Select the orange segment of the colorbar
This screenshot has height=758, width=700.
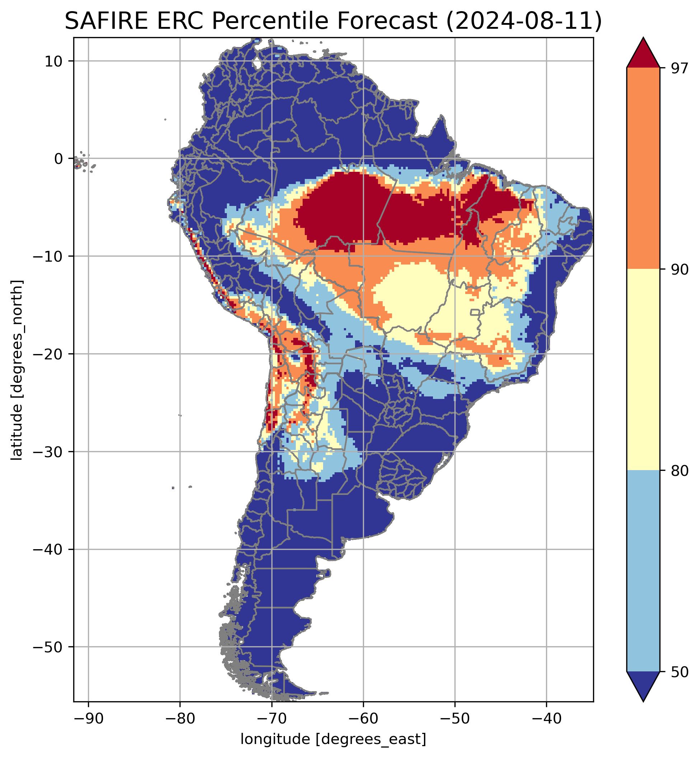tap(643, 169)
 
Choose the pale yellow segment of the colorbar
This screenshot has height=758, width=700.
tap(643, 370)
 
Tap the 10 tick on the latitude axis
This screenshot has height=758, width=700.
tap(53, 61)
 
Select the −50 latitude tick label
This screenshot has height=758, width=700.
tap(48, 647)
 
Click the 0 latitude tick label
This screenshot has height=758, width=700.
tap(58, 159)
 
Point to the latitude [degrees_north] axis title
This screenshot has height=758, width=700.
tap(17, 370)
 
